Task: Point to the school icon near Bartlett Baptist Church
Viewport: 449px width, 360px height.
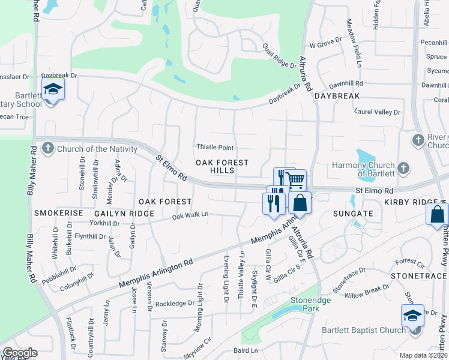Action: [x=413, y=316]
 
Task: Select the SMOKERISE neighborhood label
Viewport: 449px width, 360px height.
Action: [x=57, y=213]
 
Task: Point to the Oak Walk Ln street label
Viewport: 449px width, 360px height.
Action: [x=190, y=215]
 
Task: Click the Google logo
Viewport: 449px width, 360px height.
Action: [x=20, y=353]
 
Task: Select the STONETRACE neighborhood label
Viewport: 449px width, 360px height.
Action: [x=419, y=275]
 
